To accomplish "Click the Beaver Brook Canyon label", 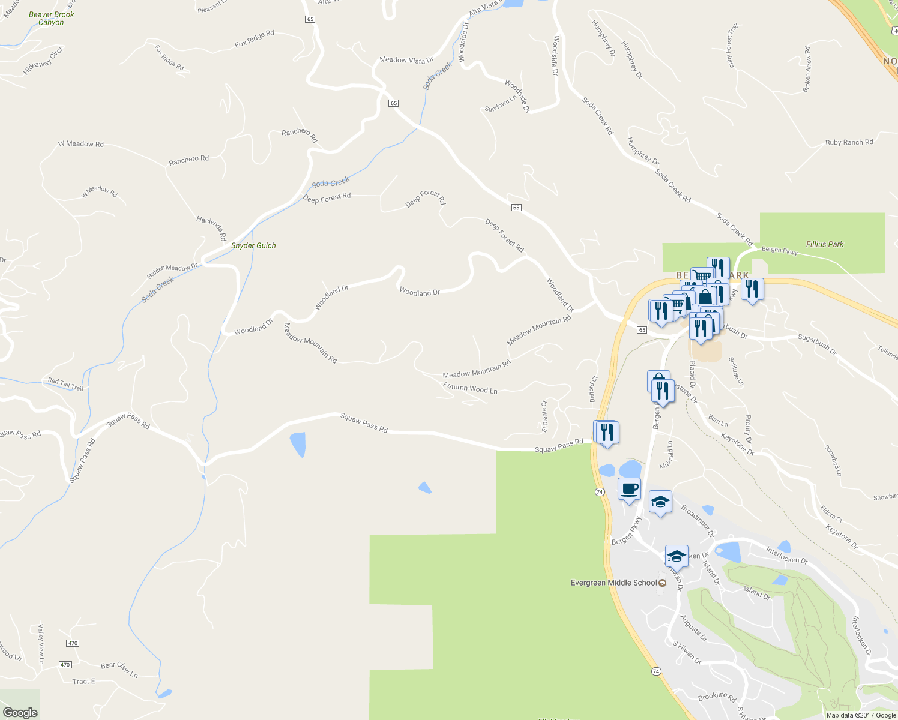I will (x=52, y=19).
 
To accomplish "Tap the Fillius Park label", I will (x=825, y=244).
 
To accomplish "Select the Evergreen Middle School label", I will (x=613, y=583).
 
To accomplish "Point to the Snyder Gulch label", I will (x=253, y=245).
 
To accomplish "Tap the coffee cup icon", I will (x=629, y=488).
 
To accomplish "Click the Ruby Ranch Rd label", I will (x=849, y=143).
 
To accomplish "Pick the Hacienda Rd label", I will (x=211, y=228).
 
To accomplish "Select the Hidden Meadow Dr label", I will (x=172, y=272).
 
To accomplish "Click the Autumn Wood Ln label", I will (x=471, y=388).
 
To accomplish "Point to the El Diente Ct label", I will (x=544, y=416).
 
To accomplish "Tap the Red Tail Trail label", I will (x=65, y=385).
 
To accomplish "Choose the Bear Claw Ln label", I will (x=119, y=669).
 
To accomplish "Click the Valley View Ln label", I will (x=41, y=644).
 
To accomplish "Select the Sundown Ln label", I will (x=501, y=104).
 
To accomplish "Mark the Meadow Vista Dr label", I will (x=406, y=60).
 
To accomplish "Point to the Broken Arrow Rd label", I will (x=807, y=69).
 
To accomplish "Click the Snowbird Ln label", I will (x=833, y=460).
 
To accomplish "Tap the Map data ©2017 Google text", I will (x=861, y=715).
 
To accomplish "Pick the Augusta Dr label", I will (x=693, y=628).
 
